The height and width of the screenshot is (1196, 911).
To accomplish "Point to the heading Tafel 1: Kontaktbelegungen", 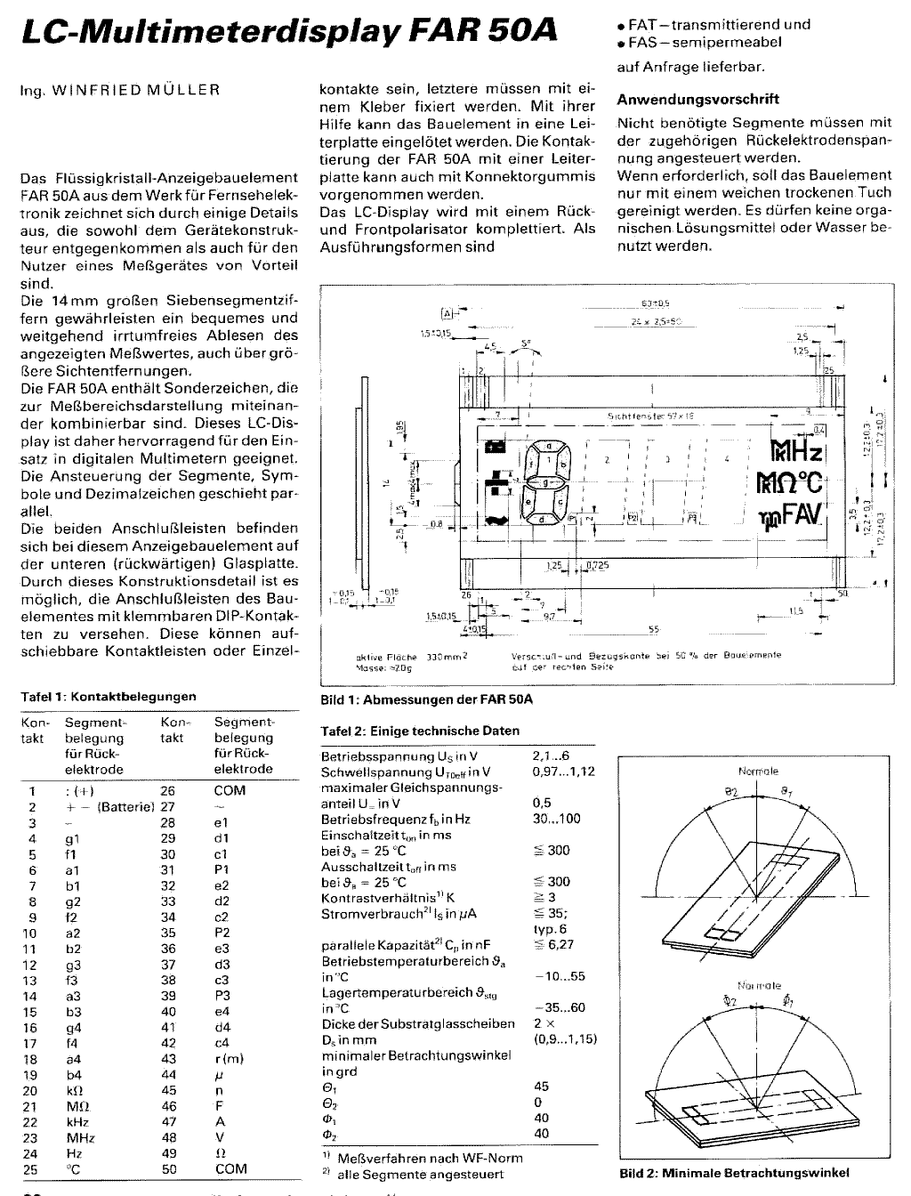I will click(x=108, y=697).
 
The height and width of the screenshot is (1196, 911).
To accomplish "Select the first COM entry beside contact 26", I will click(x=230, y=790).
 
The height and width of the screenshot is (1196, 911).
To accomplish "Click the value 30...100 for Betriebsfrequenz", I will click(x=556, y=819).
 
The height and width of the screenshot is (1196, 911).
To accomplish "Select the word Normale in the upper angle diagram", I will click(x=758, y=771).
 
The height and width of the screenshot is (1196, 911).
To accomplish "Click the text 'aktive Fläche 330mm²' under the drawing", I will click(x=411, y=658).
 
